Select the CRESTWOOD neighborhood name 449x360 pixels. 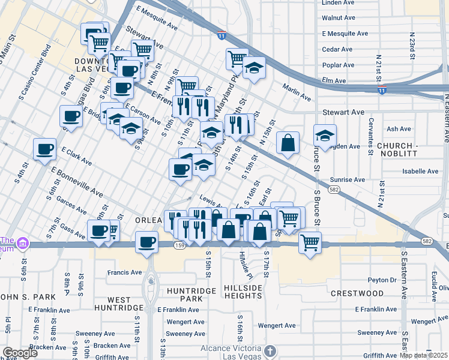(x=357, y=293)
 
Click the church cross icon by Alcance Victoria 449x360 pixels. (x=270, y=350)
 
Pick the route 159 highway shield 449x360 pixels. (x=179, y=245)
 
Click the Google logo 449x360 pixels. (x=20, y=353)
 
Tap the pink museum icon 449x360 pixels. (x=23, y=244)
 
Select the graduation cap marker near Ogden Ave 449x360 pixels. (x=325, y=136)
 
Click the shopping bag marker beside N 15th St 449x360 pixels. (x=288, y=143)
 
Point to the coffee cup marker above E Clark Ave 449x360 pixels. (x=45, y=149)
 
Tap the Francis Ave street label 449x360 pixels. (x=124, y=272)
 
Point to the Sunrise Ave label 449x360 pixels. (x=348, y=179)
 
